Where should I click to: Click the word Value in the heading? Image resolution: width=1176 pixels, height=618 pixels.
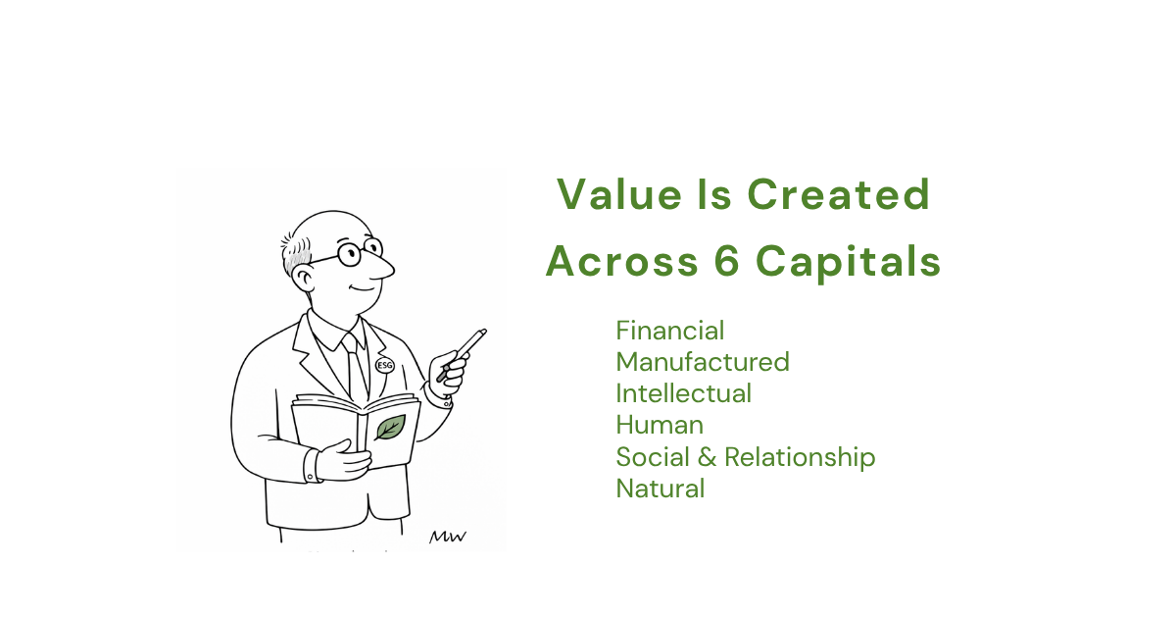point(619,194)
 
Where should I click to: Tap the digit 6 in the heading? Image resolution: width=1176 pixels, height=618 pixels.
point(727,261)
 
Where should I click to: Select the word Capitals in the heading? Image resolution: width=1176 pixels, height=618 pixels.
point(849,262)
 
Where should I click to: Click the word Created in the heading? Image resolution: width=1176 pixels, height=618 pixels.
point(839,194)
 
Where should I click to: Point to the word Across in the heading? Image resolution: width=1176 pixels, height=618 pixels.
point(622,262)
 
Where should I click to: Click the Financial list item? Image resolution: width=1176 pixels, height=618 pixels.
point(670,332)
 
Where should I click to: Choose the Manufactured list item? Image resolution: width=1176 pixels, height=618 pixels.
point(703,363)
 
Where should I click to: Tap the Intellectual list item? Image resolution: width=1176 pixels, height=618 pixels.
point(684,393)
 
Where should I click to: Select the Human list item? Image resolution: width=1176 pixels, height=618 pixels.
point(660,425)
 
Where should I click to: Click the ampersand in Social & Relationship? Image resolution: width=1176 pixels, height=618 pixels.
point(708,457)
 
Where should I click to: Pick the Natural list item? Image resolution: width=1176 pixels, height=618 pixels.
point(660,489)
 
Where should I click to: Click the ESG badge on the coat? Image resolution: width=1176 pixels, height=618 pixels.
point(385,365)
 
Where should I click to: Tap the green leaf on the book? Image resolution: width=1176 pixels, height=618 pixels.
point(390,428)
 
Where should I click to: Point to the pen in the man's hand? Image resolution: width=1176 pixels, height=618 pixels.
point(462,355)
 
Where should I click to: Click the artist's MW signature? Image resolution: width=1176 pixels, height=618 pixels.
point(448,537)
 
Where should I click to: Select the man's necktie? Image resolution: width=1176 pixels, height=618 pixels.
point(356,368)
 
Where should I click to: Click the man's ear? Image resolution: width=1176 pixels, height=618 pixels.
point(304,279)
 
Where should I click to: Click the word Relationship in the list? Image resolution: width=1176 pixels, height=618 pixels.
point(800,457)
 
